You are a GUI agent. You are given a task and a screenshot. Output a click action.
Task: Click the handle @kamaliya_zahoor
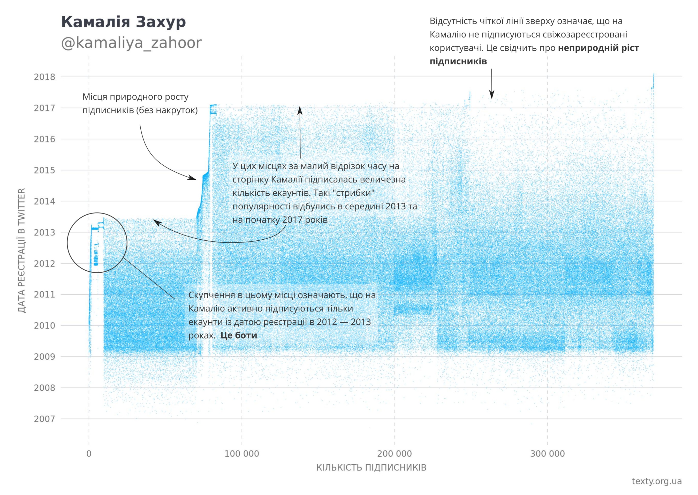(x=131, y=43)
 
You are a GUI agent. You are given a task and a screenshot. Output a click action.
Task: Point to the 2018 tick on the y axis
(x=44, y=77)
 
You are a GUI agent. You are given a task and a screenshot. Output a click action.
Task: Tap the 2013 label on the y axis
(x=44, y=233)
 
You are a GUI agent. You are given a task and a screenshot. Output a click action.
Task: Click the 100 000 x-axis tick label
(x=242, y=454)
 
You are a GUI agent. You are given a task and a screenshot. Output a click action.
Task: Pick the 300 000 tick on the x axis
(x=548, y=454)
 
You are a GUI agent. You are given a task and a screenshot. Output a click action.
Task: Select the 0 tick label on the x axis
(x=89, y=454)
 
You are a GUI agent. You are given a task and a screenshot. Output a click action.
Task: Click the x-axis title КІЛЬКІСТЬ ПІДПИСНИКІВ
(x=371, y=468)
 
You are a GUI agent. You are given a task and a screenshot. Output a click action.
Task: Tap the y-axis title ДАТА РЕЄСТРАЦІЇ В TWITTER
(x=21, y=250)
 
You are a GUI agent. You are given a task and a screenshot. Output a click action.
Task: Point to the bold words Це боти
(x=239, y=335)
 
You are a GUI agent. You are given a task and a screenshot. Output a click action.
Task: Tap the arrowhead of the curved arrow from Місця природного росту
(x=193, y=178)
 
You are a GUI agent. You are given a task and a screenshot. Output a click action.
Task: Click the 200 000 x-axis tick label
(x=394, y=454)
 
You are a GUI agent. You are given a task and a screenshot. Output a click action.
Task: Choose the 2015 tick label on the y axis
(x=44, y=170)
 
